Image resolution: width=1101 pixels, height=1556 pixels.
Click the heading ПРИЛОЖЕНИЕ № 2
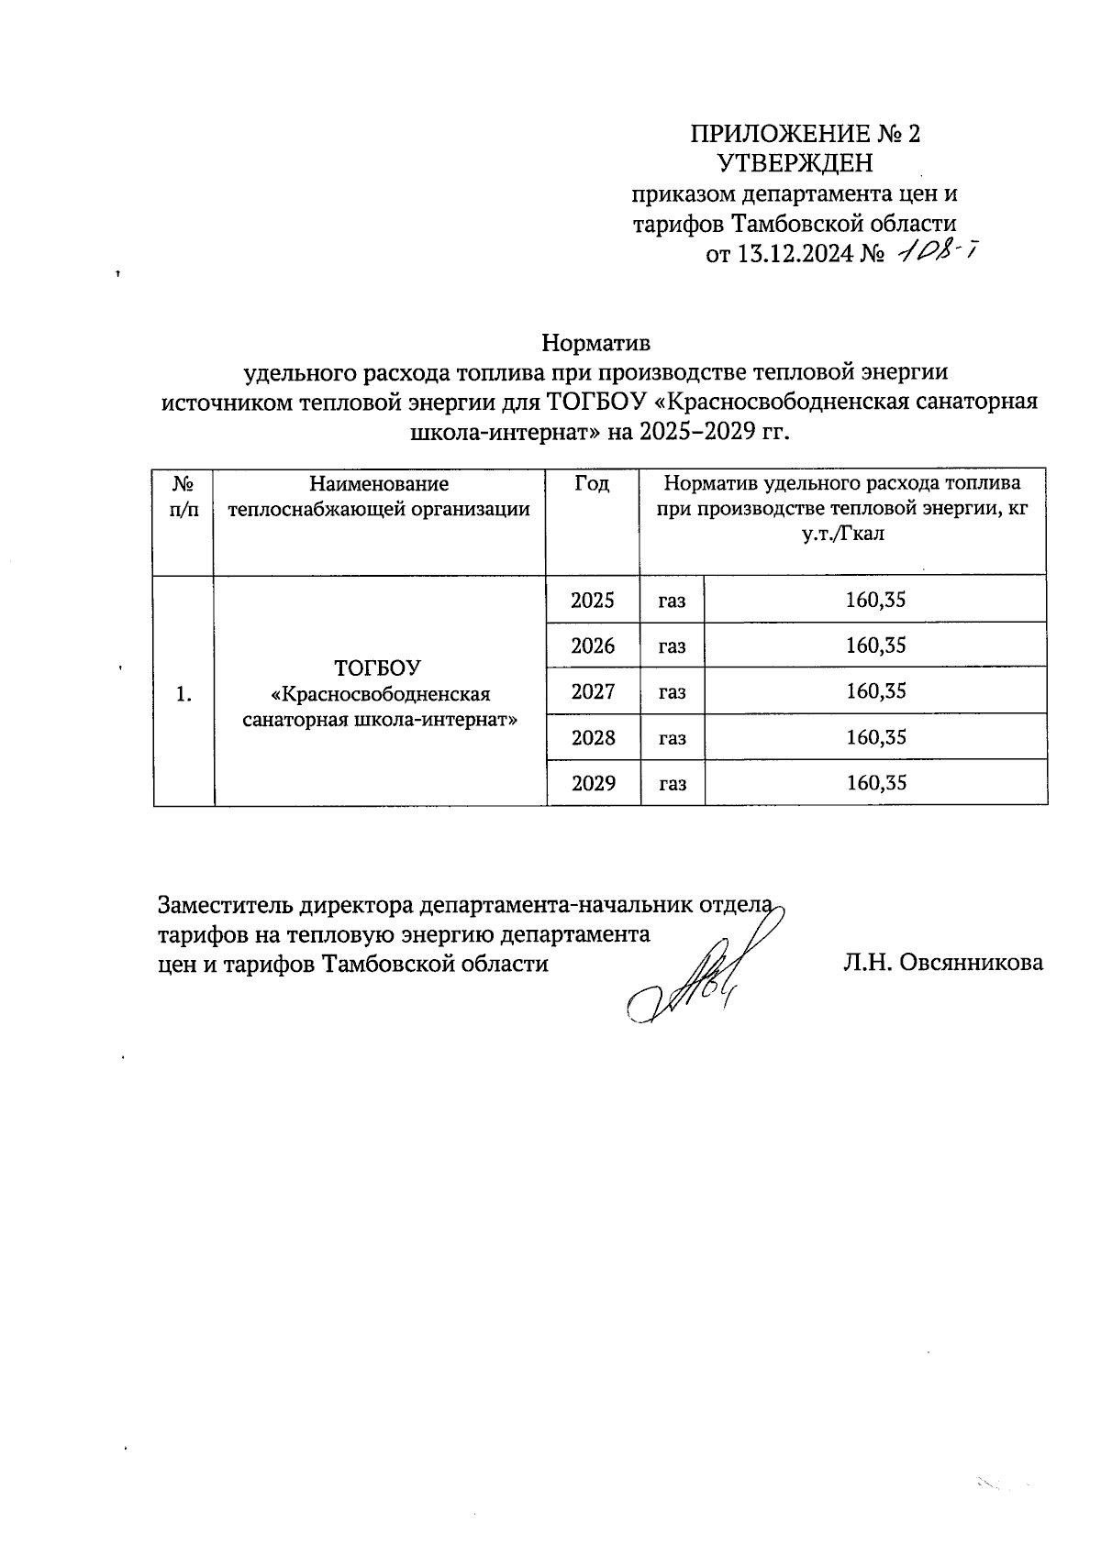[805, 134]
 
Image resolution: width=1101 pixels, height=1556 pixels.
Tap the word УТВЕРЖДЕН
[795, 164]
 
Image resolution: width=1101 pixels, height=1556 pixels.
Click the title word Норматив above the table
[595, 343]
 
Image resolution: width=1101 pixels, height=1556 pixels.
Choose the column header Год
[592, 484]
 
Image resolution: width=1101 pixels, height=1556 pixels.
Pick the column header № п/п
[184, 496]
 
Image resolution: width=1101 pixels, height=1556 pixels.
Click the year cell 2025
[593, 601]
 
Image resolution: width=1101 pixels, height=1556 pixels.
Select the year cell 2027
[593, 691]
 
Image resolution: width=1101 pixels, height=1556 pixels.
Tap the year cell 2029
[593, 783]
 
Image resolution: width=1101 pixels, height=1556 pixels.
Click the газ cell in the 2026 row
[672, 646]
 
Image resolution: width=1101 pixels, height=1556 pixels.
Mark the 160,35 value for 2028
[875, 737]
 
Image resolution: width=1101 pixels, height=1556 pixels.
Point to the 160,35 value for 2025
[875, 601]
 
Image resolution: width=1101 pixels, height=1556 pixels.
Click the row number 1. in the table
[183, 694]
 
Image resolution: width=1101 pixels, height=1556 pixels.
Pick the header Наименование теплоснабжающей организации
[379, 496]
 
